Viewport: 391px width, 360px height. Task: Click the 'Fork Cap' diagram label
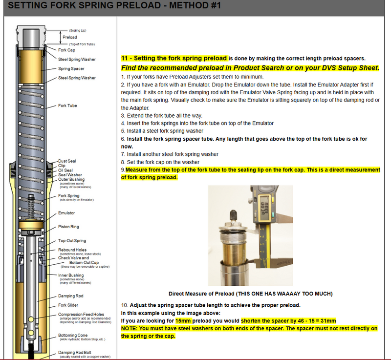(x=66, y=50)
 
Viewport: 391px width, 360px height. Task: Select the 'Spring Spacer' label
(x=71, y=68)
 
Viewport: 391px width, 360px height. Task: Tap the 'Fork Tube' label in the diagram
(x=67, y=106)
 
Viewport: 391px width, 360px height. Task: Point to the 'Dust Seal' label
(x=67, y=161)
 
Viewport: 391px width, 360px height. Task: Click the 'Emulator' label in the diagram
(x=66, y=213)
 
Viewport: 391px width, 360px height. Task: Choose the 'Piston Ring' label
(x=68, y=227)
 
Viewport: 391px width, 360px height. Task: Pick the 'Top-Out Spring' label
(x=72, y=241)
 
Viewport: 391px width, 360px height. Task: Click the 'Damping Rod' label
(x=70, y=296)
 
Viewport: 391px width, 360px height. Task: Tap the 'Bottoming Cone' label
(x=73, y=336)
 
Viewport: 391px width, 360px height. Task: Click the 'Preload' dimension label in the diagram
(x=70, y=37)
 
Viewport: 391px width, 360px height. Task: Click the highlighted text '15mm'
(x=183, y=320)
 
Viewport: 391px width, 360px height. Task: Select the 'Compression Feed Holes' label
(x=81, y=314)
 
